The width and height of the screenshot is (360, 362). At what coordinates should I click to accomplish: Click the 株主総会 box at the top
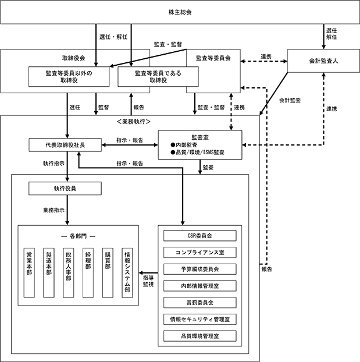(x=180, y=12)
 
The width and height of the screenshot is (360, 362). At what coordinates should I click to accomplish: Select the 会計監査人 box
(x=323, y=61)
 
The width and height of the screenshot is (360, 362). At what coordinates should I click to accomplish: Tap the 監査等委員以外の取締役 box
(x=69, y=77)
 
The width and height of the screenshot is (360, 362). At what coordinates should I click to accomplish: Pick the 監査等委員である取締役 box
(x=158, y=77)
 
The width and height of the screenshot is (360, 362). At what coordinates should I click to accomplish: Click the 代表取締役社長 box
(x=65, y=145)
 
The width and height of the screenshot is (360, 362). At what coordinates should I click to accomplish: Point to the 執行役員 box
(x=65, y=189)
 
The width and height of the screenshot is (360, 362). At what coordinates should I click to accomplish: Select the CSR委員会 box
(x=200, y=236)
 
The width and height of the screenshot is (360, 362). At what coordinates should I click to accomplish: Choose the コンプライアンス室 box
(x=200, y=253)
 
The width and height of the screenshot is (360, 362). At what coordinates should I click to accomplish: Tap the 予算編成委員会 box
(x=200, y=269)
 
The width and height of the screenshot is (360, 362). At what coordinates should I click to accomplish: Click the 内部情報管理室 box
(x=200, y=286)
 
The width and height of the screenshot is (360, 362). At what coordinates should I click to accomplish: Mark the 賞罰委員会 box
(x=200, y=303)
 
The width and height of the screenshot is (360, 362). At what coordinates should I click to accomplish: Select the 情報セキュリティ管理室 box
(x=200, y=320)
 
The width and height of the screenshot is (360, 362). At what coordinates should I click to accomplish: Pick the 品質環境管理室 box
(x=200, y=336)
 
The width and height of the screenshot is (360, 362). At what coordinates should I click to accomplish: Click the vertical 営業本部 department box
(x=29, y=273)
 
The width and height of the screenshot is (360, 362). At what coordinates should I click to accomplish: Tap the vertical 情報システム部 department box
(x=127, y=273)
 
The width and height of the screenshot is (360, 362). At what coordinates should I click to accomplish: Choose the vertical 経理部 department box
(x=88, y=273)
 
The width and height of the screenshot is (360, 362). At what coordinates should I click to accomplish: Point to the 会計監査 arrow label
(x=290, y=101)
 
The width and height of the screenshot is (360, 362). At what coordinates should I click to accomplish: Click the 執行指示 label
(x=54, y=164)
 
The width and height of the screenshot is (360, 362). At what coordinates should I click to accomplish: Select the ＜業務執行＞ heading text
(x=134, y=122)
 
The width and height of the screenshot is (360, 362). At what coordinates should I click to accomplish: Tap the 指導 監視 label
(x=148, y=281)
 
